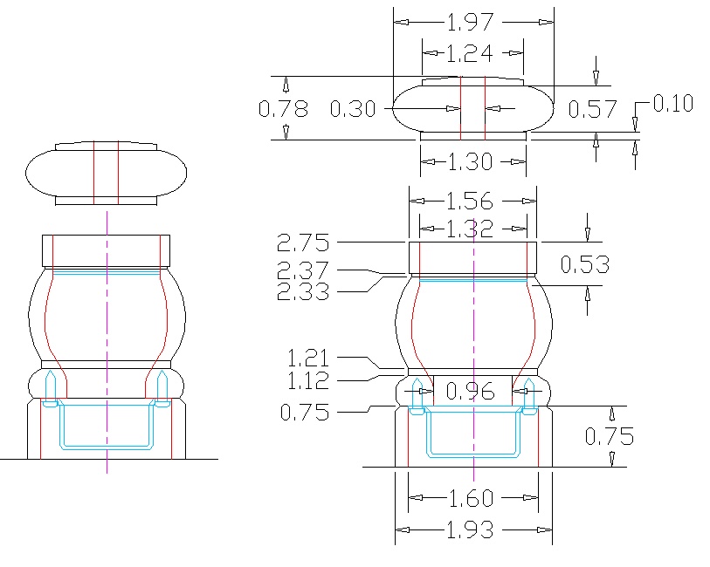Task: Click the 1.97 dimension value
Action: (x=473, y=21)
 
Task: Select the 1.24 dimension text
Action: (x=473, y=53)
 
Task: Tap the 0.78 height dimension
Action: (x=284, y=109)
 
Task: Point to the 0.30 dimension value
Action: (x=353, y=109)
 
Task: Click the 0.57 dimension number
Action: (x=592, y=109)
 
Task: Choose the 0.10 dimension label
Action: (x=672, y=104)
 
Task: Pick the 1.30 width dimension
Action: (x=473, y=161)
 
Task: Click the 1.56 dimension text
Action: (x=472, y=202)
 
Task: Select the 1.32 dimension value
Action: (x=472, y=229)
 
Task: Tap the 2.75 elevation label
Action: (x=303, y=242)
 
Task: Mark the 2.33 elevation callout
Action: (x=303, y=291)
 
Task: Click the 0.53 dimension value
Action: (x=584, y=264)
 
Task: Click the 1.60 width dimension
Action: (x=472, y=499)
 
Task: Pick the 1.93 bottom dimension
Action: (x=472, y=529)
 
